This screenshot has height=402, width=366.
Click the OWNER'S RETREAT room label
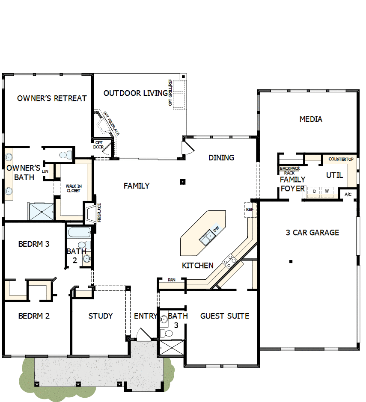point(52,98)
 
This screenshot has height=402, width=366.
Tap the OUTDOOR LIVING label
point(135,93)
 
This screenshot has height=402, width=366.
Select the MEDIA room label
point(311,119)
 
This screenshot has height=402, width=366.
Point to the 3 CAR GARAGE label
point(312,233)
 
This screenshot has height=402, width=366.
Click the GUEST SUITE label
point(225,316)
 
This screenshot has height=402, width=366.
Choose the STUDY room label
point(101,316)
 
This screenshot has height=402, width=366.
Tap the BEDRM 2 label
point(34,316)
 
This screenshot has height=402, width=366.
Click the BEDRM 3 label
point(34,244)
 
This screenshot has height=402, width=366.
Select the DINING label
point(221,157)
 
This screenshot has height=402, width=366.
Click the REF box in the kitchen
point(249,210)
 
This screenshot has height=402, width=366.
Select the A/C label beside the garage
point(348,195)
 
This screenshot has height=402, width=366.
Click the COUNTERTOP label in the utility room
point(341,159)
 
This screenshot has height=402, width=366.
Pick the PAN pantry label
point(172,280)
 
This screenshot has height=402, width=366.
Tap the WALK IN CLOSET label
point(73,188)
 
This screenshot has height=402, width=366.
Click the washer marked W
point(327,191)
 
